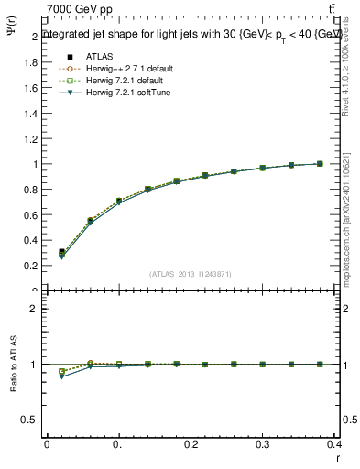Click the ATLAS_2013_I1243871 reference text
(191, 274)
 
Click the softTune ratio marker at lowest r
(61, 376)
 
